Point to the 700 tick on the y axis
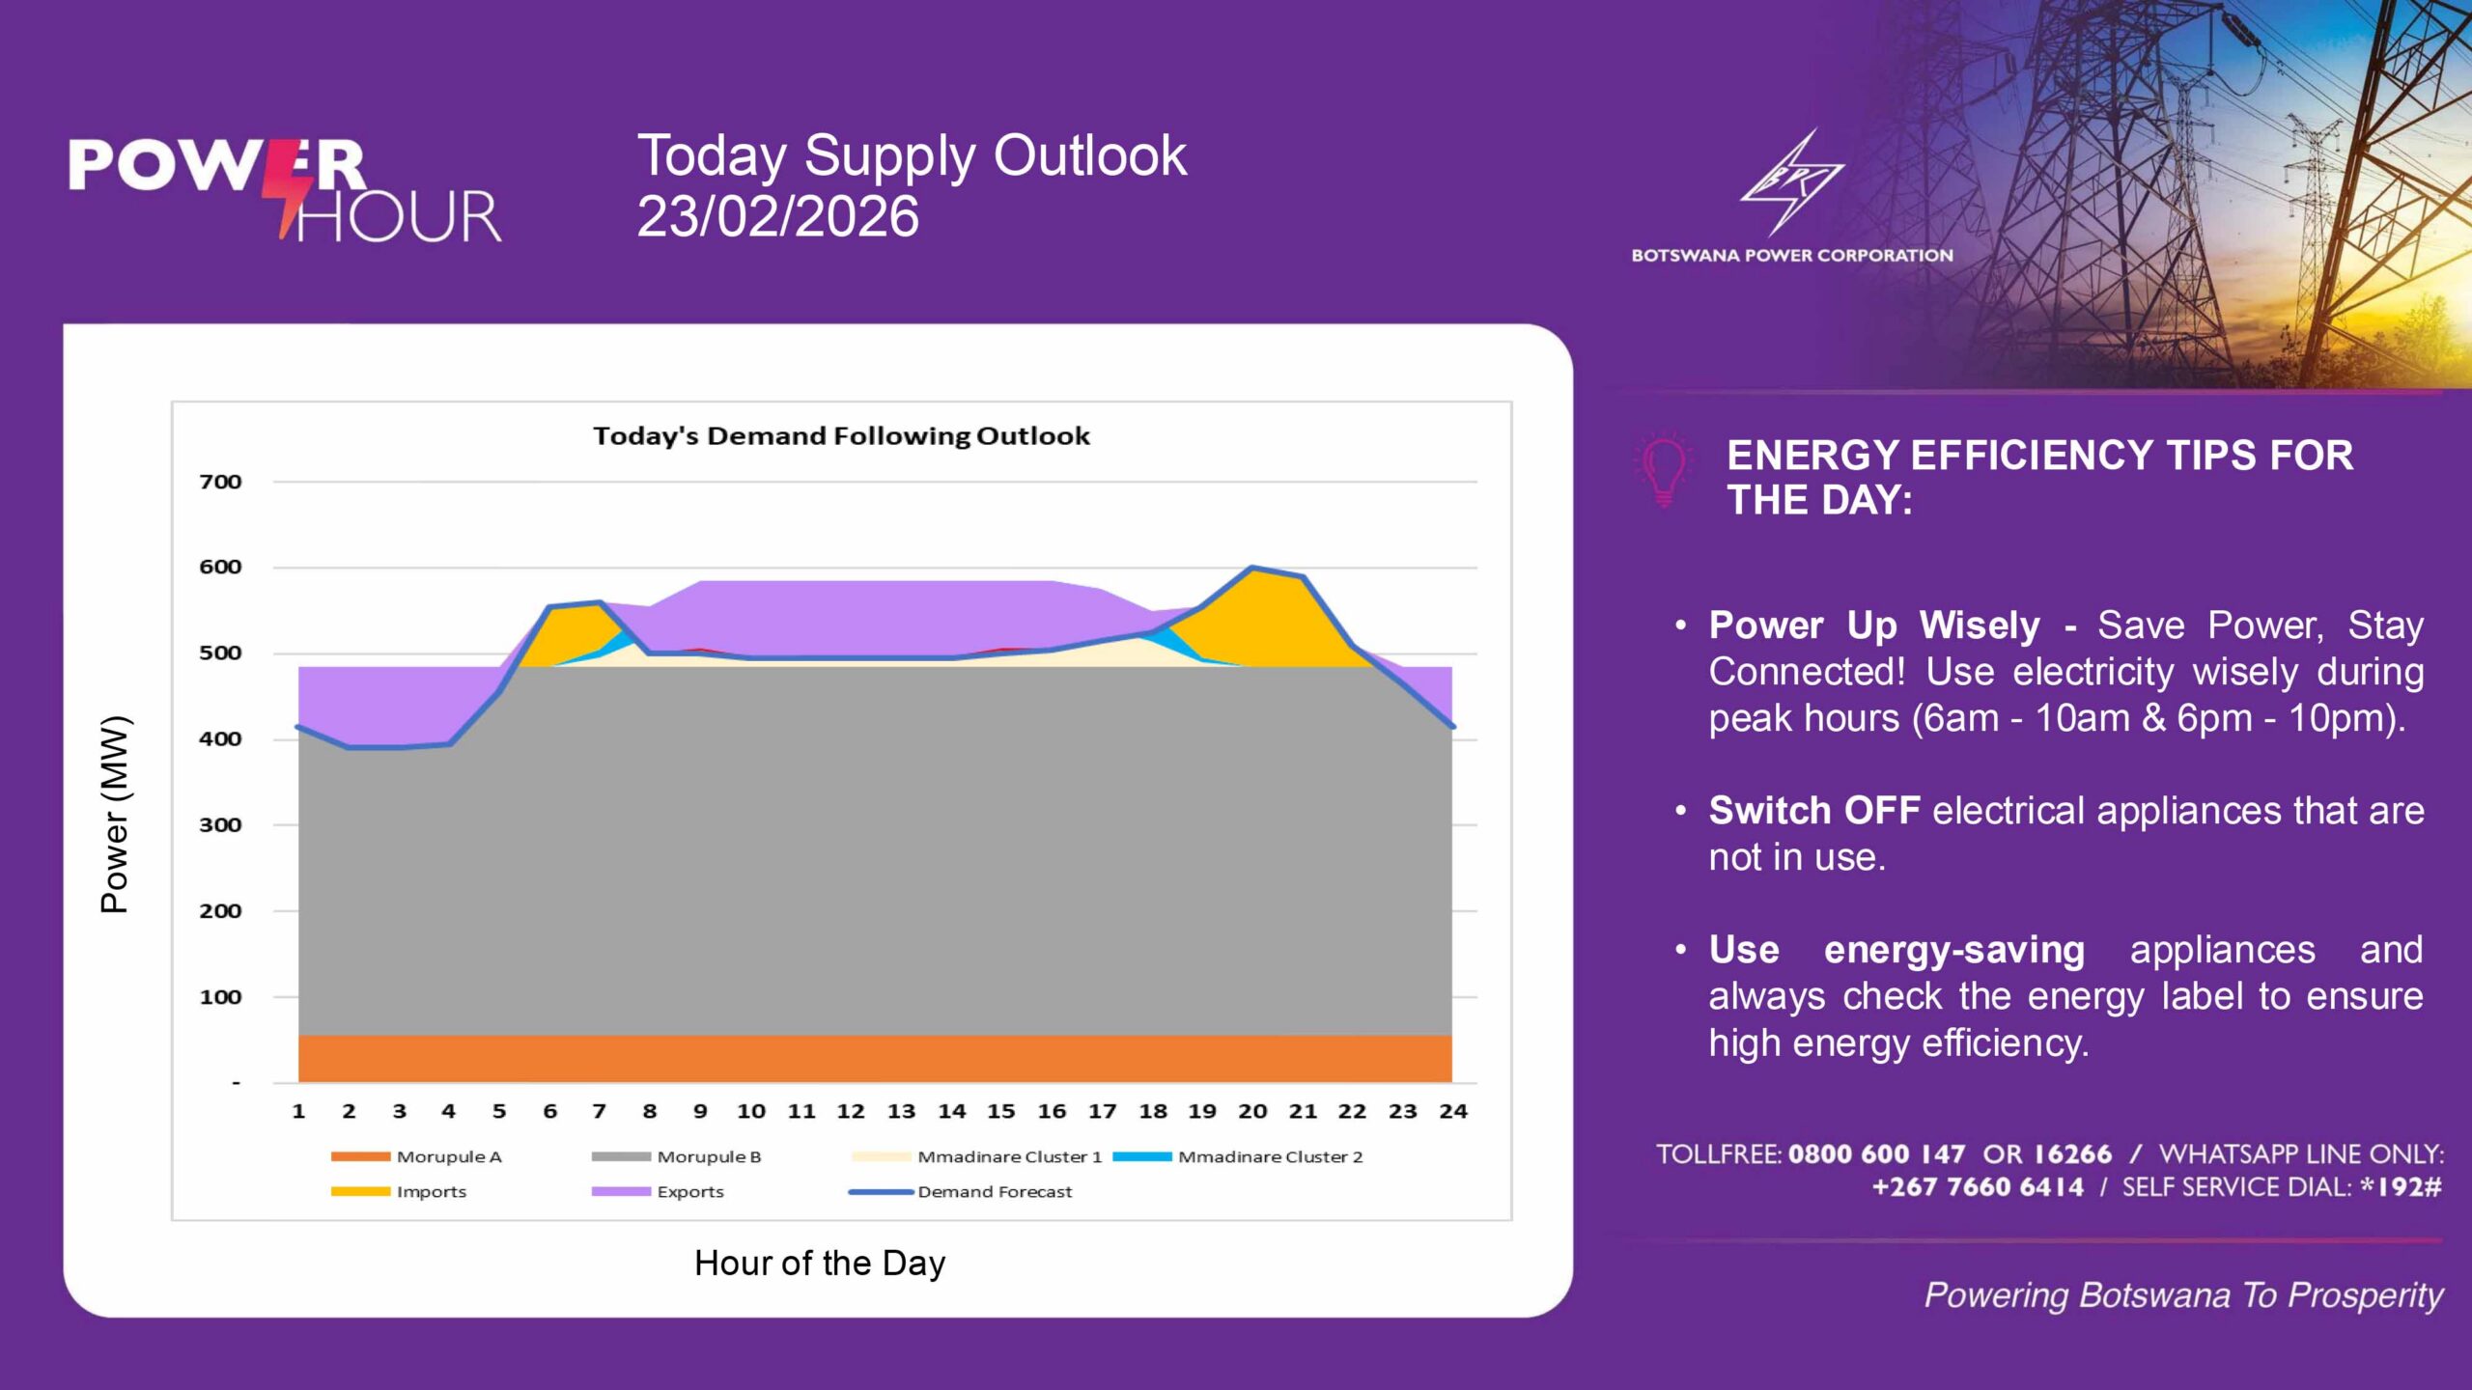coord(220,482)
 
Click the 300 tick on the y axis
coord(220,825)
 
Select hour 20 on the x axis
coord(1252,1112)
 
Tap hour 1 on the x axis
coord(298,1112)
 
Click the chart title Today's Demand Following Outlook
coord(841,436)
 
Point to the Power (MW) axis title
coord(115,814)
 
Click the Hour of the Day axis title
coord(820,1263)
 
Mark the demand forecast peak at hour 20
coord(1252,568)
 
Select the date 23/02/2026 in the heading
coord(777,216)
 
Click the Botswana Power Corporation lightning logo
coord(1791,183)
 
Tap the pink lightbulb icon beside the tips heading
coord(1664,470)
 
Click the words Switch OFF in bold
coord(1813,811)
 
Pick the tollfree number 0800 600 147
coord(1875,1154)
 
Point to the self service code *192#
coord(2401,1187)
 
